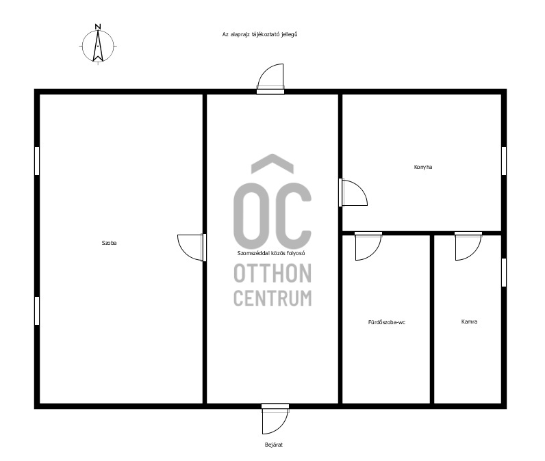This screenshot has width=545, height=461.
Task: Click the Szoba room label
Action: point(109,243)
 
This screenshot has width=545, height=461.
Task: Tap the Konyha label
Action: point(423,167)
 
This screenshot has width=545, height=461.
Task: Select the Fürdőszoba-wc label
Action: point(387,322)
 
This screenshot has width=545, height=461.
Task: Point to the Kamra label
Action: point(469,321)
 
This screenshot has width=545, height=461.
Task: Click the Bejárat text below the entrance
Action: point(274,445)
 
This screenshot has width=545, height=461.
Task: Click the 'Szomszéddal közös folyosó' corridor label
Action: point(271,253)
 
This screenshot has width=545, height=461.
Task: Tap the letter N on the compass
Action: point(98,27)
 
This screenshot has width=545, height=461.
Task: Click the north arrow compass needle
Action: point(98,45)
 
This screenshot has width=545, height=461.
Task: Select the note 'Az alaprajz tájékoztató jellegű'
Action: point(259,34)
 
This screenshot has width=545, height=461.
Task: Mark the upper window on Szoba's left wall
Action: point(37,161)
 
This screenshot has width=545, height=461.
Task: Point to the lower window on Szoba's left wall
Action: point(37,311)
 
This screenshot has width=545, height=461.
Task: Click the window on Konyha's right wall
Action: point(504,161)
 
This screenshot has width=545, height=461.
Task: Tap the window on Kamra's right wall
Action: point(504,272)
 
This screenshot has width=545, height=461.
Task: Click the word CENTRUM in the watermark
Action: point(272,298)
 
